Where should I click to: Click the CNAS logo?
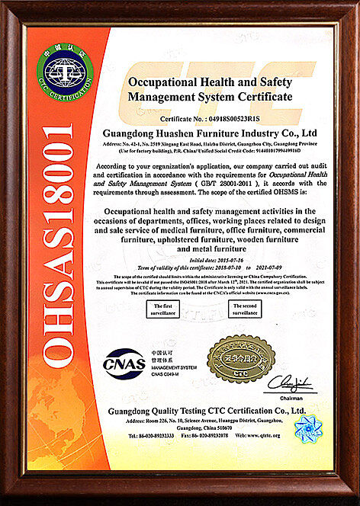click(124, 363)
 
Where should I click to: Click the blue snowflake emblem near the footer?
click(308, 428)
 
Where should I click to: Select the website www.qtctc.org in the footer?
click(259, 435)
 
